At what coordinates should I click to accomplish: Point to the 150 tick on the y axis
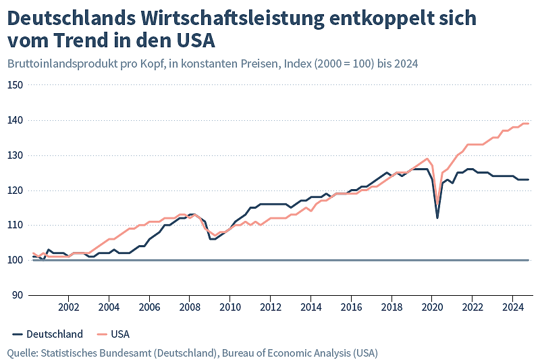(x=16, y=85)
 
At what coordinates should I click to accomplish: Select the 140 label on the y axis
(x=16, y=120)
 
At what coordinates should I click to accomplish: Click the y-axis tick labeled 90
(x=18, y=295)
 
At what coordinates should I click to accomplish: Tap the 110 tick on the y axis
(x=16, y=225)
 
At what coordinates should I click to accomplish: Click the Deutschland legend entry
(x=47, y=334)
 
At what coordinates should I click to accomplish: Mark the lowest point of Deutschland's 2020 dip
(x=437, y=217)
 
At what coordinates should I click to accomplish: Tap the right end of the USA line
(x=529, y=124)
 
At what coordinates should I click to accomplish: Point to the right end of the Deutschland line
(x=529, y=180)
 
